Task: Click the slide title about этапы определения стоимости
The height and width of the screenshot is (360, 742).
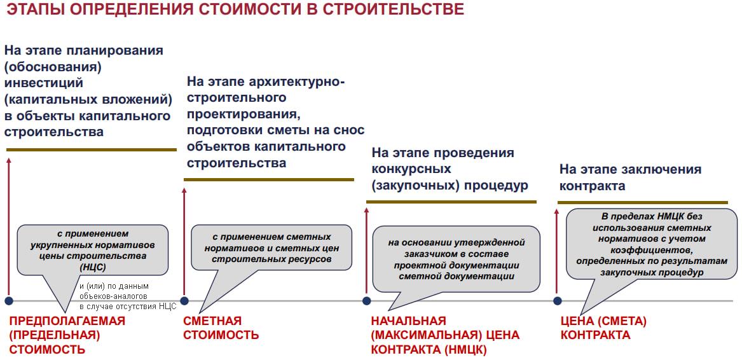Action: click(235, 10)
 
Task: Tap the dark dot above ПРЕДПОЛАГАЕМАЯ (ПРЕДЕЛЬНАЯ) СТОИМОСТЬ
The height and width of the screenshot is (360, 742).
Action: click(8, 301)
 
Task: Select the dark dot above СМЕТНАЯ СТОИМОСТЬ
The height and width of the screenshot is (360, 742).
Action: click(184, 301)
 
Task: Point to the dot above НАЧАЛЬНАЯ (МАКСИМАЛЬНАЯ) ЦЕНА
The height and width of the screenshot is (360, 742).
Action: click(366, 301)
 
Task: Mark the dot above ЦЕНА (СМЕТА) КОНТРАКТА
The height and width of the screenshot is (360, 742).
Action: click(558, 301)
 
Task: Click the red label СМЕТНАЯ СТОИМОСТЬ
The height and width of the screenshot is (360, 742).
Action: click(221, 328)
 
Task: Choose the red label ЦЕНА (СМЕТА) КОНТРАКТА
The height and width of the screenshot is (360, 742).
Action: click(603, 328)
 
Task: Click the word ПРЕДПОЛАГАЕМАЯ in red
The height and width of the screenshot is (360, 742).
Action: click(67, 321)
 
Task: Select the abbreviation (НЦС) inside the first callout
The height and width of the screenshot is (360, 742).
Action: click(93, 268)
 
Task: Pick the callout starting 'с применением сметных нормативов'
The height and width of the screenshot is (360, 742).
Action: click(271, 247)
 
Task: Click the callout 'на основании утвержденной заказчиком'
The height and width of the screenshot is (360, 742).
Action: click(456, 259)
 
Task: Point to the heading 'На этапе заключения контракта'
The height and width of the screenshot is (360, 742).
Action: click(630, 177)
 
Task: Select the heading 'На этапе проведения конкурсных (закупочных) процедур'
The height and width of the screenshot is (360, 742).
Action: click(450, 169)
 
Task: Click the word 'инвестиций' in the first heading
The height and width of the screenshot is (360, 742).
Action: click(43, 83)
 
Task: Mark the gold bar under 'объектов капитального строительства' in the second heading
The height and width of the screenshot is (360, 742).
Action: click(269, 179)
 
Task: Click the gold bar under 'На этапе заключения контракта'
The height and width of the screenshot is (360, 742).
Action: click(643, 202)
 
